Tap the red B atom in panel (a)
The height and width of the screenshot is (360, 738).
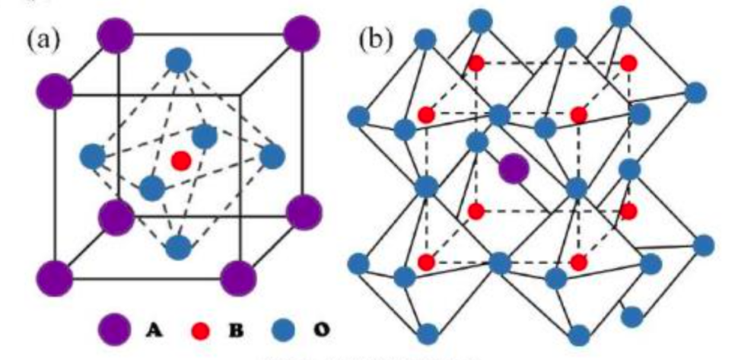coord(180,161)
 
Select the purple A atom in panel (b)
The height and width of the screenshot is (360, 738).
coord(514,168)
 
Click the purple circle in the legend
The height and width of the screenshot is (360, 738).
coord(113,329)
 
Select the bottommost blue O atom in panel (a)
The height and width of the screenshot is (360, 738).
coord(178,247)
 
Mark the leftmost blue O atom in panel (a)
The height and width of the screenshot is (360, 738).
coord(92,157)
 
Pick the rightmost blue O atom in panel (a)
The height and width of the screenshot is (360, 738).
coord(272,156)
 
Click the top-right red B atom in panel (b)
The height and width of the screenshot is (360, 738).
coord(628,63)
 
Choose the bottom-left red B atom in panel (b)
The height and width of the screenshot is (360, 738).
coord(426,263)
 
